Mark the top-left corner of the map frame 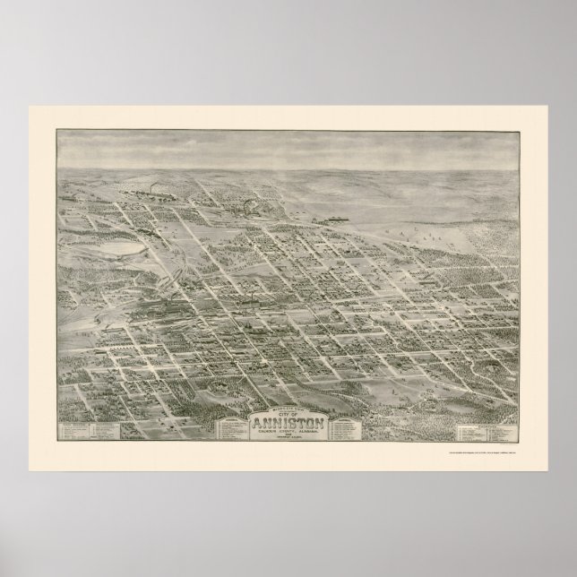click(56, 131)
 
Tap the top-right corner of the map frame click(521, 131)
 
